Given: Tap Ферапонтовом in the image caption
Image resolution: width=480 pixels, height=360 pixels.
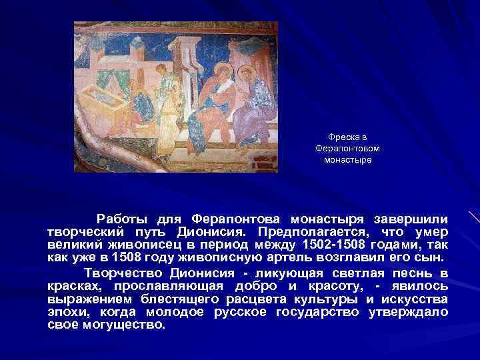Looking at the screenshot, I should [x=347, y=149].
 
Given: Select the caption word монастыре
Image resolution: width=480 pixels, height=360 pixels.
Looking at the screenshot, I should [x=347, y=160].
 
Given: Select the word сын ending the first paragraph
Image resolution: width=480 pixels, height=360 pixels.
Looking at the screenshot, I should [x=431, y=257].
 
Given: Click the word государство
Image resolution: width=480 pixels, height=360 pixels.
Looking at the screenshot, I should [x=317, y=312].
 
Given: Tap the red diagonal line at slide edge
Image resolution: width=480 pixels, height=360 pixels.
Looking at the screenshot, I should [x=474, y=217].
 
